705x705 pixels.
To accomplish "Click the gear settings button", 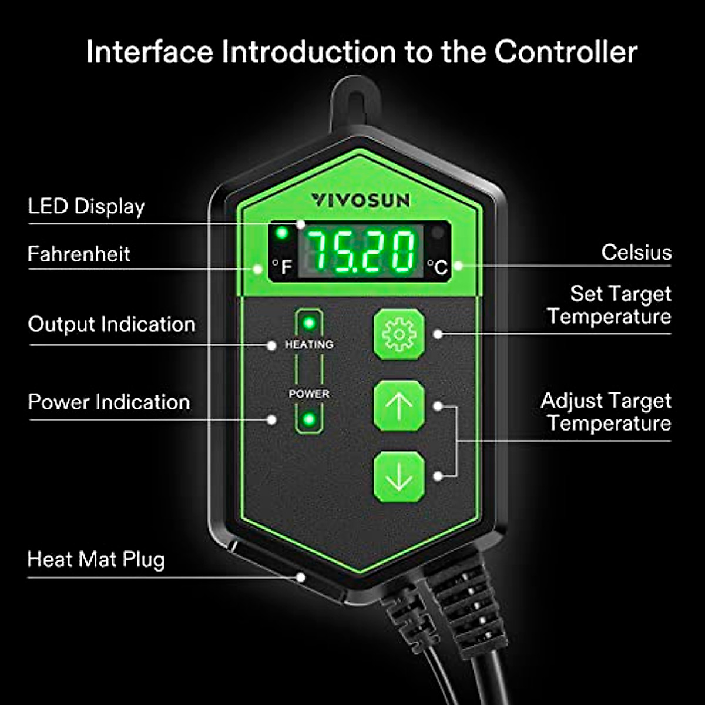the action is pos(399,334).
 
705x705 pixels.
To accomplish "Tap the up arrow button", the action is pos(399,406).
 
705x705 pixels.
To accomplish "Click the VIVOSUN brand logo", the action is pos(360,200).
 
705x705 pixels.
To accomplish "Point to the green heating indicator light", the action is pos(309,323).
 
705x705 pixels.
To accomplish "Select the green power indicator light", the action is pos(309,419).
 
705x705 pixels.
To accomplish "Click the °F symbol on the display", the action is pos(283,266).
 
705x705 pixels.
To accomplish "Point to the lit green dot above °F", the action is pos(282,233).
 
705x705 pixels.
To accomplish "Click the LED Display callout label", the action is pos(86,207).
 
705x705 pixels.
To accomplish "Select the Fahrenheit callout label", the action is pos(79,254).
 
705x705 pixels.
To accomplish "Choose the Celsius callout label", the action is pos(637,253).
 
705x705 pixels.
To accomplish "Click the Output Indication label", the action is pos(112,324).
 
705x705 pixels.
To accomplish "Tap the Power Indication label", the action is pos(109,402).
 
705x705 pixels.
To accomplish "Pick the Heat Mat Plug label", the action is pos(96,559).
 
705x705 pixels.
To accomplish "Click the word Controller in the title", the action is pos(566,52).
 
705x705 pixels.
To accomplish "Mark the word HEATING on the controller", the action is pos(309,345).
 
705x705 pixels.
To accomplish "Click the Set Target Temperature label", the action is pos(609,305).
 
